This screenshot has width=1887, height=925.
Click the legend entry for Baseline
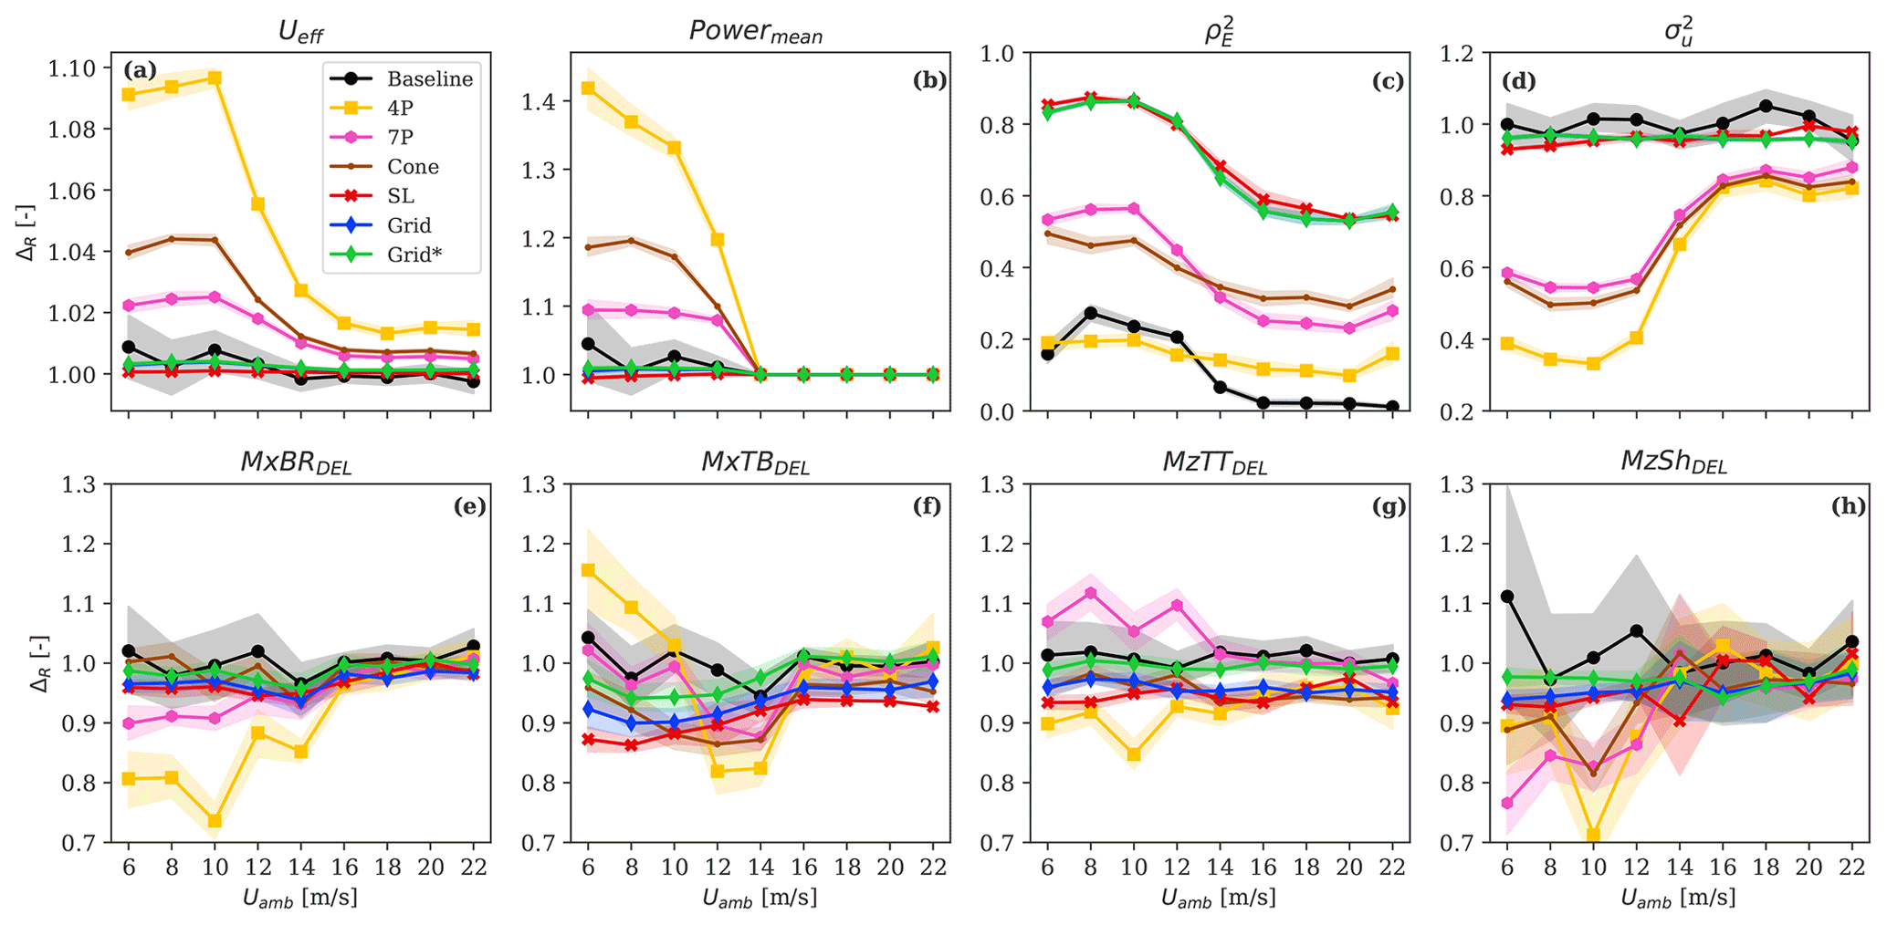click(x=429, y=79)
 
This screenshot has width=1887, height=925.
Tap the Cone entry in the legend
click(x=413, y=167)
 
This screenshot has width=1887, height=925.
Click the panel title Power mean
click(x=756, y=32)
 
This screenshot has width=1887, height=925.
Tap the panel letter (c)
click(x=1388, y=81)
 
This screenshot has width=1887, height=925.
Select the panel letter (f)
click(x=928, y=505)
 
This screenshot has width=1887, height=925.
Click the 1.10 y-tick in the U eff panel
click(x=72, y=68)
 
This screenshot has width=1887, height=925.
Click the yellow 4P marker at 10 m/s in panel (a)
click(x=215, y=78)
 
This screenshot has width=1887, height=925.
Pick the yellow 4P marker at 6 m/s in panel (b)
click(x=588, y=88)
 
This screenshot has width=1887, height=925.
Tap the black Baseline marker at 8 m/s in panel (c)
click(x=1090, y=313)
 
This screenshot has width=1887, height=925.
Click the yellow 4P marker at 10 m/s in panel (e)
click(x=215, y=821)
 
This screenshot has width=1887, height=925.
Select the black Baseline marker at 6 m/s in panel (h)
click(x=1507, y=597)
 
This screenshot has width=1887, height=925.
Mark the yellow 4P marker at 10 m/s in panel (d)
click(x=1593, y=363)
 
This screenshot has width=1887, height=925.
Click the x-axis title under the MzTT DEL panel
click(x=1218, y=899)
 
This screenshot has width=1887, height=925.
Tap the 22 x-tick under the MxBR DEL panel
click(x=473, y=868)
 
